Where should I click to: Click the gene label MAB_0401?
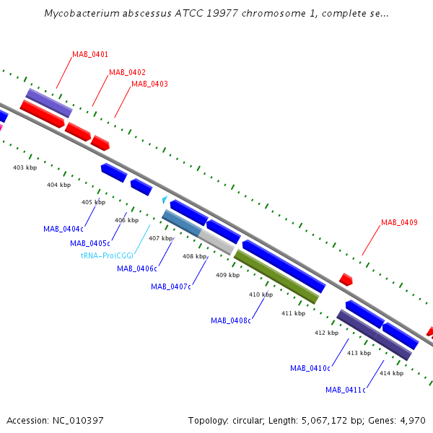[x=90, y=54]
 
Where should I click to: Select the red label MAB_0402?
[x=127, y=72]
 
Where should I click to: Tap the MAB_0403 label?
[x=149, y=84]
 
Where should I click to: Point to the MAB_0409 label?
[x=399, y=222]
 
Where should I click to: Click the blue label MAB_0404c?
[x=64, y=229]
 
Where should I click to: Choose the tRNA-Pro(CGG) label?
[x=107, y=255]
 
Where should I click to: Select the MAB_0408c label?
[x=231, y=320]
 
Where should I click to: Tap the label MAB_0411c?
[x=346, y=390]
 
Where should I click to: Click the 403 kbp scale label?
[x=25, y=167]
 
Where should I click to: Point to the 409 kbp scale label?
[x=228, y=275]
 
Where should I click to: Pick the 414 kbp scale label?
[x=392, y=373]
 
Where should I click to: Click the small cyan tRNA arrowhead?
[x=165, y=199]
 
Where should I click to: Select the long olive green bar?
[x=276, y=276]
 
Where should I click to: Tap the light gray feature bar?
[x=216, y=242]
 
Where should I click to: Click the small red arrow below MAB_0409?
[x=346, y=279]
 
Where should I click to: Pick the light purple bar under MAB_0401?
[x=49, y=103]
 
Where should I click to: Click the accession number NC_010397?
[x=78, y=421]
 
